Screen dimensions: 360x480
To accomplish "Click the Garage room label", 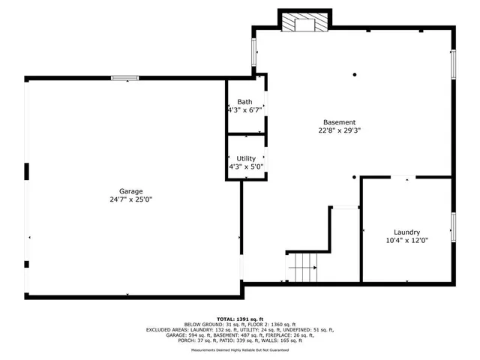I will click(130, 191).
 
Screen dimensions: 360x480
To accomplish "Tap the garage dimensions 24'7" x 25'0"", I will click(130, 199).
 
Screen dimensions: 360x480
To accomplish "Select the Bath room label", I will click(245, 102).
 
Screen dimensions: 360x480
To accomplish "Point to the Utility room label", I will click(245, 158).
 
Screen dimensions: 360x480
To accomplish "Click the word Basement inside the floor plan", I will click(339, 122).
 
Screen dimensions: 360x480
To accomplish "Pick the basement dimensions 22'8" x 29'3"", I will click(339, 130).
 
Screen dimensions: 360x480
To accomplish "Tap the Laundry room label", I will click(406, 232).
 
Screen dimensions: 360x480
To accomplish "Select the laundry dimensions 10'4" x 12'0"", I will click(406, 241).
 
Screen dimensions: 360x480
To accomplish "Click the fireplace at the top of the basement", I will click(304, 23).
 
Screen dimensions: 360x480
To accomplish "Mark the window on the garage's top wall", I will click(125, 77).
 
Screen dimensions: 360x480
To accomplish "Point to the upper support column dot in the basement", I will click(355, 74).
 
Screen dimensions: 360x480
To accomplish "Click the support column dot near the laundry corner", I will click(355, 178).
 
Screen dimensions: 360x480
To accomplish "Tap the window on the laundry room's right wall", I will click(453, 226).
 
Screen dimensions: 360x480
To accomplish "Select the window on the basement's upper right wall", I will click(453, 64).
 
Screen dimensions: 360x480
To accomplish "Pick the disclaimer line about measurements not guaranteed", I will click(240, 349).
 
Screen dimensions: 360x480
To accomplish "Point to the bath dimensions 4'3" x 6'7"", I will click(245, 110).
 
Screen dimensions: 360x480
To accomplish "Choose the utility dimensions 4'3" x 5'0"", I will click(245, 166).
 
